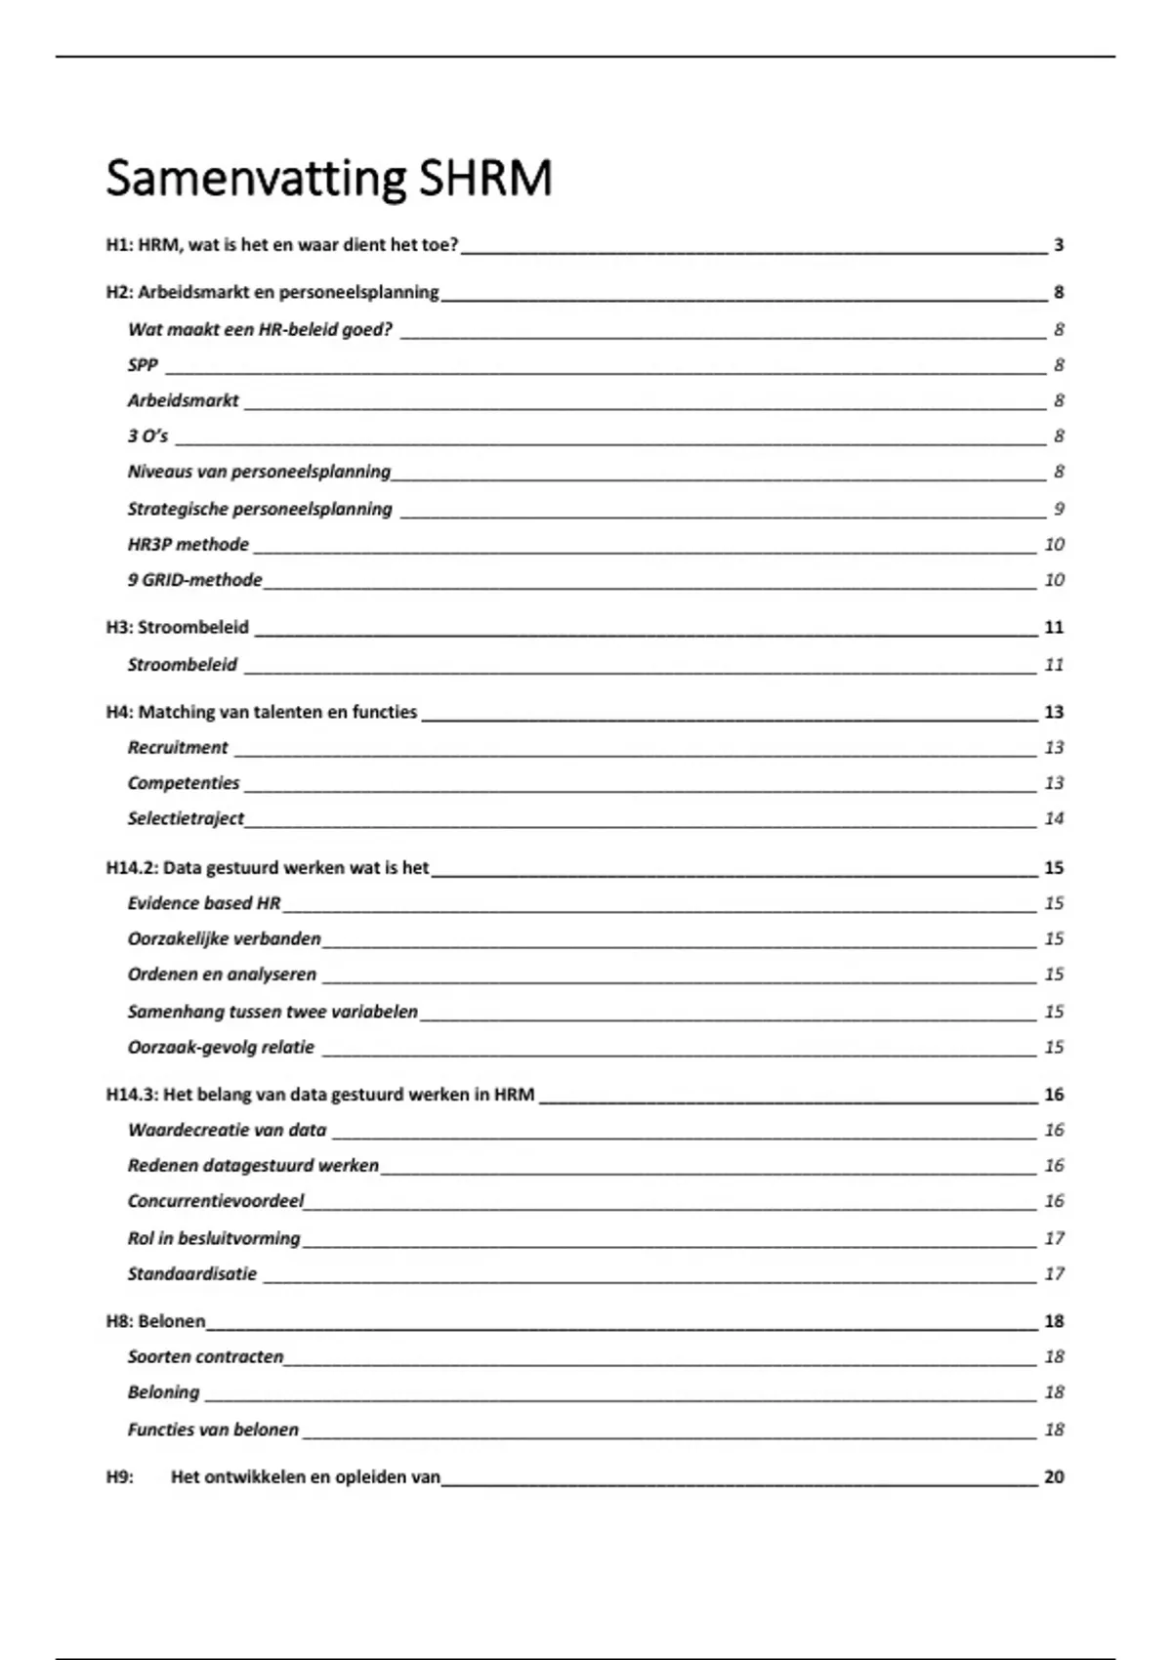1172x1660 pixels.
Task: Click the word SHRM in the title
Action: tap(484, 179)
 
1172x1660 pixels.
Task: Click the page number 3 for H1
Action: tap(1059, 245)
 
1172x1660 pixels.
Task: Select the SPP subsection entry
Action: tap(143, 365)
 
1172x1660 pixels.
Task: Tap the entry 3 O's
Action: tap(147, 436)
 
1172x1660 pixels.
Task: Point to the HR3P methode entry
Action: tap(188, 545)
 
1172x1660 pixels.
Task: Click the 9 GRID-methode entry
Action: tap(195, 580)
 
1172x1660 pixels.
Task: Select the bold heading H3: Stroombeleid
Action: tap(178, 628)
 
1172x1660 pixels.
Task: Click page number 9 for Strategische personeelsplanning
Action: tap(1059, 509)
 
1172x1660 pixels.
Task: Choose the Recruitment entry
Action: tap(178, 748)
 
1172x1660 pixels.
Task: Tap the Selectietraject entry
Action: tap(186, 818)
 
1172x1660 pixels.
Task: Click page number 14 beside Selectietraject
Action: tap(1054, 818)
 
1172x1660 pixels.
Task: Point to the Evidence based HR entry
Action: tap(204, 903)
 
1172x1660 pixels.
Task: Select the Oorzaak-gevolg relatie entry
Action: tap(221, 1048)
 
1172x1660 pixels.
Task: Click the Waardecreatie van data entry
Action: tap(227, 1130)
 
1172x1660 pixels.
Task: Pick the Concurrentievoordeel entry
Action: tap(216, 1201)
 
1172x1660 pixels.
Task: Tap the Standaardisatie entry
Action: tap(192, 1273)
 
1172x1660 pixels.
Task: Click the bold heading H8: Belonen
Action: tap(156, 1321)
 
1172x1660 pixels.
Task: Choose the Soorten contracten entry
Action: tap(205, 1357)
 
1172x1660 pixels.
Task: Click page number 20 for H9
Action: tap(1054, 1477)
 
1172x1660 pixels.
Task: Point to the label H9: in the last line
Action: tap(119, 1477)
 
